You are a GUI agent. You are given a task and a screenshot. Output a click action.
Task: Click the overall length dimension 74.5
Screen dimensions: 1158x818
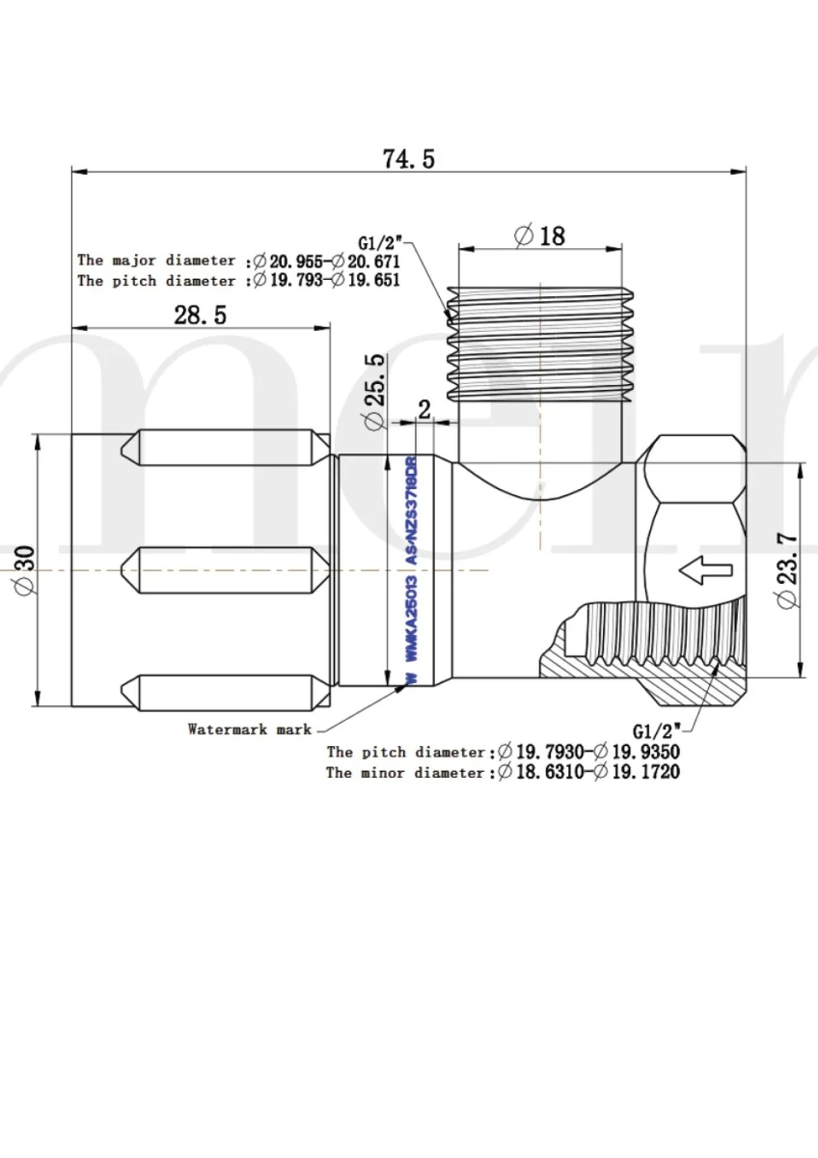409,158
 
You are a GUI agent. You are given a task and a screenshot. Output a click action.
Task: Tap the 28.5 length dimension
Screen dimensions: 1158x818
200,315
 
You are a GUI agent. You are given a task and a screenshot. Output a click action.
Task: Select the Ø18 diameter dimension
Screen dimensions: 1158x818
540,234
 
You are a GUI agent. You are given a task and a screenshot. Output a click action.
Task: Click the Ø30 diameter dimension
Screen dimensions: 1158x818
24,571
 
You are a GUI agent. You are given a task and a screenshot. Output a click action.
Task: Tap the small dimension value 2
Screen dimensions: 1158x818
423,408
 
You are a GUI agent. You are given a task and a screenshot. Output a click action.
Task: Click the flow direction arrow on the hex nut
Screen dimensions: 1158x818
704,571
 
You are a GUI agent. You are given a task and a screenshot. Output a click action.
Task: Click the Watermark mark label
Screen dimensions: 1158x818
250,730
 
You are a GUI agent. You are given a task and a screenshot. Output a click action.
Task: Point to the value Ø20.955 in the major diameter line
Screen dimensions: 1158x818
289,261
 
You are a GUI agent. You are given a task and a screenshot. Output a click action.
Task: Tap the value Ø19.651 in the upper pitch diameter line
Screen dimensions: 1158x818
366,281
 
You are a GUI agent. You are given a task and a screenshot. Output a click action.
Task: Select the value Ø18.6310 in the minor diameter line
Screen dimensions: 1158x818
540,773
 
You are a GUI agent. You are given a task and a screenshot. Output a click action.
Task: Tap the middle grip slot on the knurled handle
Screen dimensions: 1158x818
223,562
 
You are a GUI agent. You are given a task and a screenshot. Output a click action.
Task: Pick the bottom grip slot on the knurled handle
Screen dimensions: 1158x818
223,688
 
